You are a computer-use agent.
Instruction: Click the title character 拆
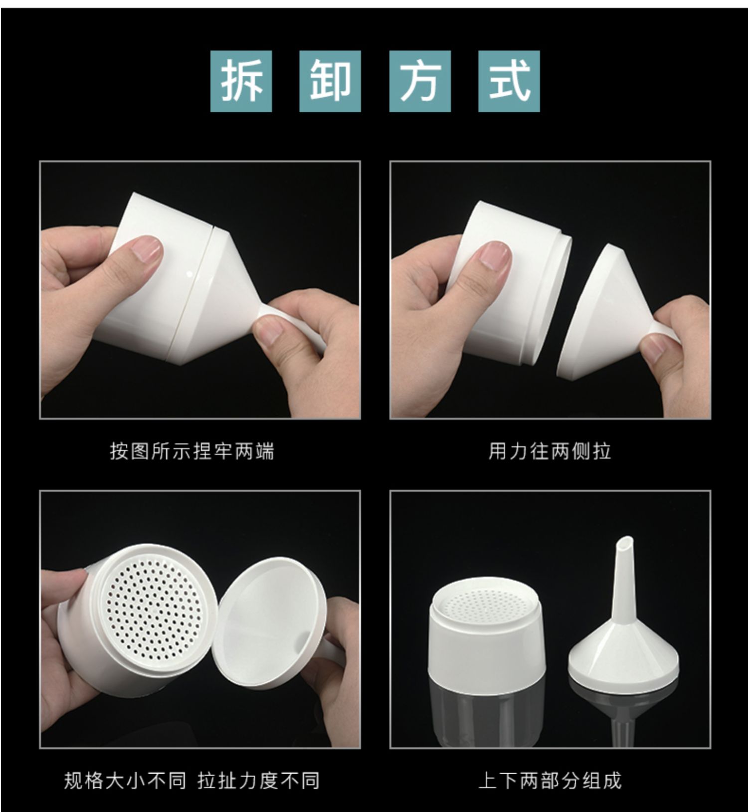pyautogui.click(x=242, y=81)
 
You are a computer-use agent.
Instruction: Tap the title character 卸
pyautogui.click(x=330, y=81)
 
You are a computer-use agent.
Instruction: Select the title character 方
pyautogui.click(x=420, y=81)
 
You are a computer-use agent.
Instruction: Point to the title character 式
pyautogui.click(x=509, y=81)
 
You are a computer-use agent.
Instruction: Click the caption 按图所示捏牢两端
pyautogui.click(x=192, y=451)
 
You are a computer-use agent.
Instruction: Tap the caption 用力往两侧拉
pyautogui.click(x=550, y=451)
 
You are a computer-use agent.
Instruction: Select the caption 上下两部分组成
pyautogui.click(x=550, y=781)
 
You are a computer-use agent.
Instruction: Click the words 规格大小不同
pyautogui.click(x=125, y=781)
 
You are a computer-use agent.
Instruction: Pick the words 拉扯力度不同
pyautogui.click(x=258, y=781)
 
